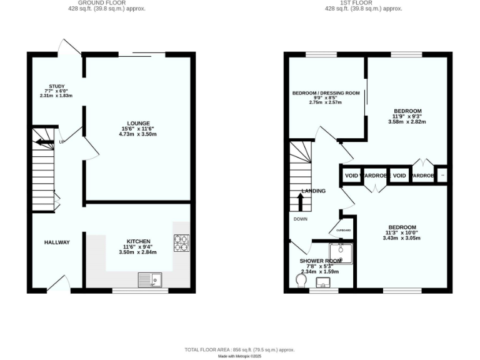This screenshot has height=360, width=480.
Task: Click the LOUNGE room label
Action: (x=138, y=123)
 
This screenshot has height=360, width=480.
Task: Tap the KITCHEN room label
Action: (x=138, y=241)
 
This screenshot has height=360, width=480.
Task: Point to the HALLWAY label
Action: (x=57, y=242)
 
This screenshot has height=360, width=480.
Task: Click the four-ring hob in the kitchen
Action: (x=181, y=242)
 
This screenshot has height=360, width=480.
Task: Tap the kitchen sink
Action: (x=150, y=280)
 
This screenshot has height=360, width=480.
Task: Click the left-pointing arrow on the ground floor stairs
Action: (x=44, y=142)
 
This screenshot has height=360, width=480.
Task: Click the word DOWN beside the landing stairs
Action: (x=300, y=219)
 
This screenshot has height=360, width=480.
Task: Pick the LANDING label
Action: (x=313, y=191)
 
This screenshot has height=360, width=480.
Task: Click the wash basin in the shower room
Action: (x=324, y=283)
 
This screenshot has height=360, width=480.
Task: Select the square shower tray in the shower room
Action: (x=341, y=253)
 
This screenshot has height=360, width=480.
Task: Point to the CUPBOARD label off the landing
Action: (x=344, y=230)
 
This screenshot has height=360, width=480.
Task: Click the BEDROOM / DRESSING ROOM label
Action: (x=326, y=93)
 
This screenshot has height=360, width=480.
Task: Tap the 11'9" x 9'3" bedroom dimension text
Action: (x=407, y=116)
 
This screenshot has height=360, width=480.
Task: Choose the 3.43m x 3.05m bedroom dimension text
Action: (x=402, y=238)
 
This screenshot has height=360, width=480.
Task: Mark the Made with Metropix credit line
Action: (x=240, y=356)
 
